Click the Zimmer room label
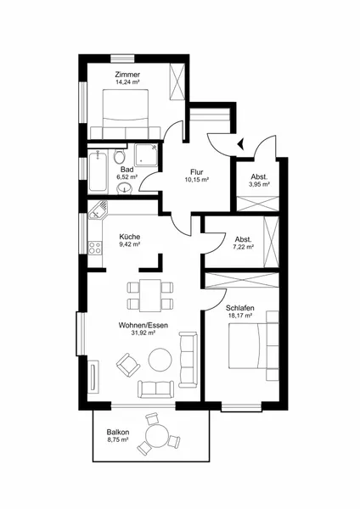click(x=127, y=75)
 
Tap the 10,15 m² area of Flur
click(x=197, y=179)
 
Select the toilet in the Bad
click(x=120, y=156)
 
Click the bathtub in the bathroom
click(x=98, y=171)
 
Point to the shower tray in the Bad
click(x=146, y=154)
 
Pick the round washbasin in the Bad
click(x=125, y=187)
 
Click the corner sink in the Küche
click(x=98, y=210)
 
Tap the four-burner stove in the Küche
click(x=95, y=248)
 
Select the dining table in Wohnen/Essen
click(x=150, y=295)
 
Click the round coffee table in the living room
click(x=160, y=360)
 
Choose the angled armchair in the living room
click(x=128, y=365)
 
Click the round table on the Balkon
click(x=156, y=436)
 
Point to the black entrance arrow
click(x=242, y=143)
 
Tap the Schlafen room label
click(x=240, y=308)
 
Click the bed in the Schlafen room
click(x=253, y=346)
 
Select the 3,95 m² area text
click(x=259, y=184)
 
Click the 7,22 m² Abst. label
click(x=244, y=243)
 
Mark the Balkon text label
click(x=118, y=432)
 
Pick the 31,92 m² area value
click(x=143, y=333)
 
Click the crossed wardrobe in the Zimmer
click(x=177, y=81)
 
